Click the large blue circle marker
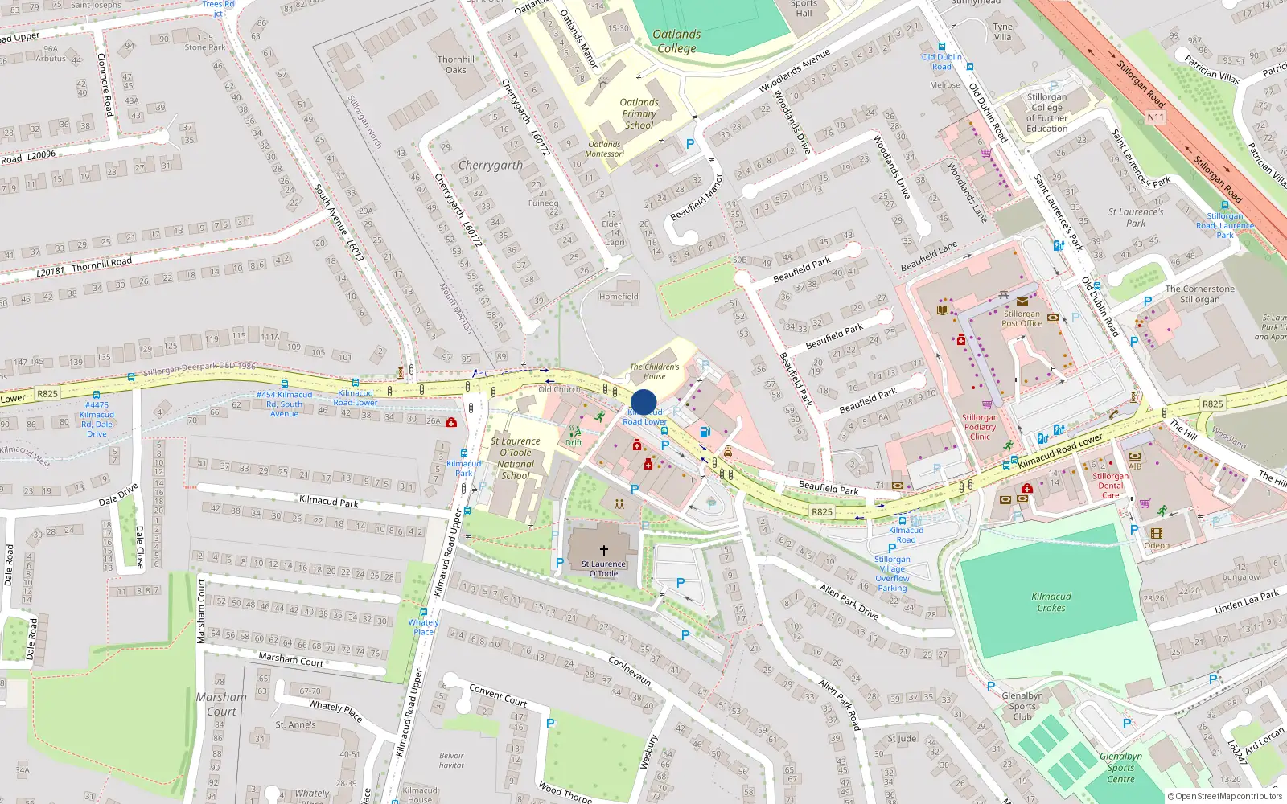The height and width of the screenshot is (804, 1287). (643, 402)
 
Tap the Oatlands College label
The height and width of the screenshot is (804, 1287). (676, 41)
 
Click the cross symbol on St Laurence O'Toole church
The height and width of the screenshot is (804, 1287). (603, 551)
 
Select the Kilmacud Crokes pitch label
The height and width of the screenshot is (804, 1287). (1051, 602)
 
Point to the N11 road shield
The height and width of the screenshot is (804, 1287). (1156, 117)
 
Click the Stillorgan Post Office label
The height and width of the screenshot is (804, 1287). (1022, 318)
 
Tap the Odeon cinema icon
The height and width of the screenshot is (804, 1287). (1157, 533)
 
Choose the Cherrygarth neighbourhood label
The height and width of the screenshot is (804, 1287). (490, 165)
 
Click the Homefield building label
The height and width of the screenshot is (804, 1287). (619, 297)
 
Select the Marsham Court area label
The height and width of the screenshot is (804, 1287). (221, 704)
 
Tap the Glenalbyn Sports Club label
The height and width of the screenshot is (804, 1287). (1022, 706)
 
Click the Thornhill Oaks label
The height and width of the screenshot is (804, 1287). (456, 64)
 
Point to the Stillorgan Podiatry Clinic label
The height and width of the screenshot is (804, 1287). (980, 427)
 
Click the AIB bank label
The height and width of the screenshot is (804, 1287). (1135, 466)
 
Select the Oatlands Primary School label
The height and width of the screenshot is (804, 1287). (639, 113)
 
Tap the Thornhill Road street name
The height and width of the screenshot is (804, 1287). (101, 263)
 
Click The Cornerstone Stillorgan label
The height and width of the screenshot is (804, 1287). (1199, 294)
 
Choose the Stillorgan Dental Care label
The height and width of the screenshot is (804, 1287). (1110, 486)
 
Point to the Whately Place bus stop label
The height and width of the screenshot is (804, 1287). (423, 626)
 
